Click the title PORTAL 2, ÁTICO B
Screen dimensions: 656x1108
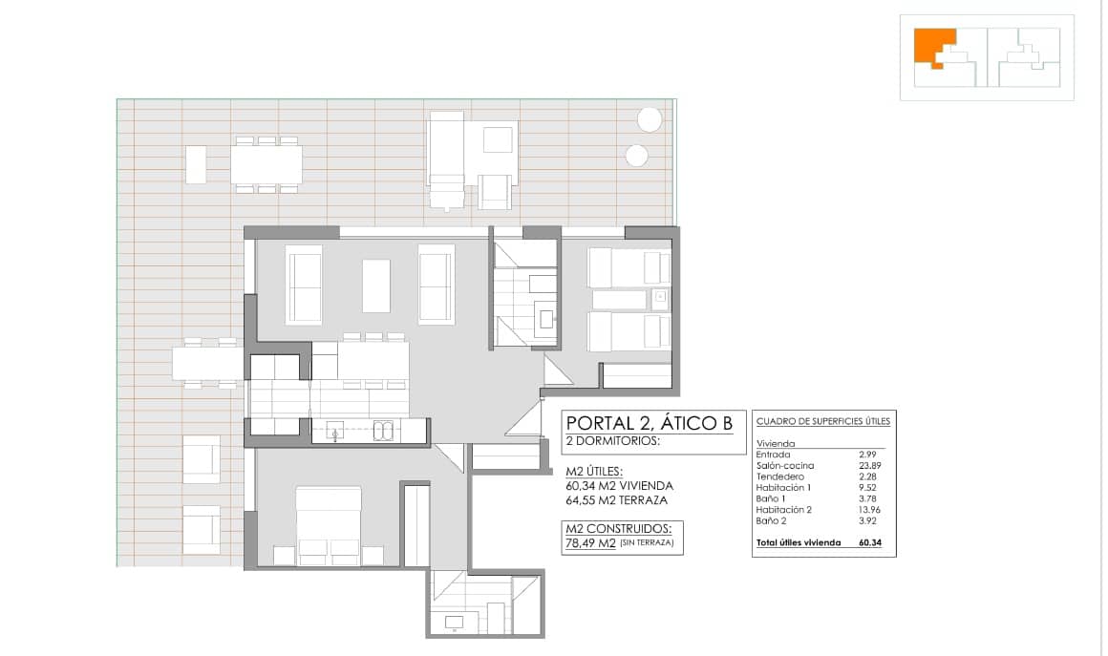pos(650,423)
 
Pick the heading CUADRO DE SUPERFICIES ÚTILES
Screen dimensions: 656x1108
pos(822,421)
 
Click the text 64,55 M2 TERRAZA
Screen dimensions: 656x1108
pos(616,499)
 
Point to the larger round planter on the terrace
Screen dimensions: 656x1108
pos(650,119)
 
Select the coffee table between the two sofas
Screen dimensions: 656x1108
pos(376,286)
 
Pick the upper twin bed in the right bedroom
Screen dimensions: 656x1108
pos(628,268)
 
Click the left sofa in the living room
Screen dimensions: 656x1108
pos(304,284)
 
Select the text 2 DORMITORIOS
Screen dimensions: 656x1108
pos(612,441)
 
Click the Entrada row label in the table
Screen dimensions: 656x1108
pos(773,455)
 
